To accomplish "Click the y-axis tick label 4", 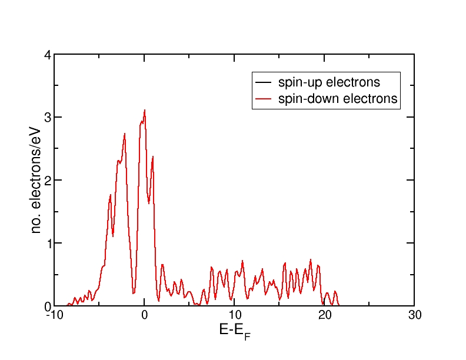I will [x=48, y=55].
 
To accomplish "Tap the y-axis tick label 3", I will [x=48, y=118].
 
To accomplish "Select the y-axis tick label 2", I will [x=48, y=181].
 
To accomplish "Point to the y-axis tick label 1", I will [x=48, y=244].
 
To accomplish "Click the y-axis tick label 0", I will [x=48, y=306].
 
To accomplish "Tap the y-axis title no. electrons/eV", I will [x=36, y=180].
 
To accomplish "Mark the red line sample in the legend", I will [x=263, y=99].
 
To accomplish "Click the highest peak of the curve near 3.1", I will [x=144, y=110].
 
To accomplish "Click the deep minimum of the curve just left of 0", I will [x=134, y=293].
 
